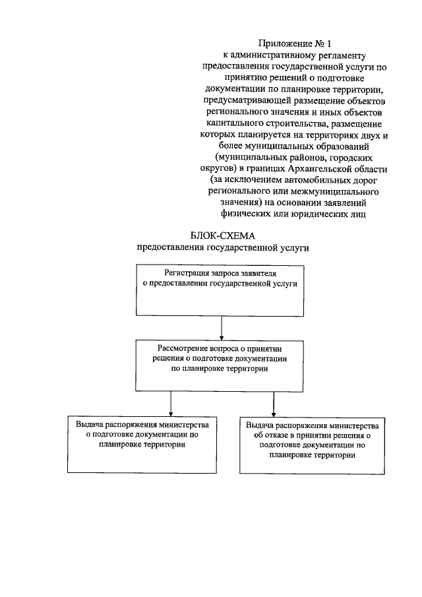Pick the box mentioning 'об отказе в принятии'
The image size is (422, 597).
(313, 445)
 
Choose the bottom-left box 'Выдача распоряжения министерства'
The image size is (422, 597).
(142, 443)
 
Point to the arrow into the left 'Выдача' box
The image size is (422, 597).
(171, 403)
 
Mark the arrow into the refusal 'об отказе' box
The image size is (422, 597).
(272, 403)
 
